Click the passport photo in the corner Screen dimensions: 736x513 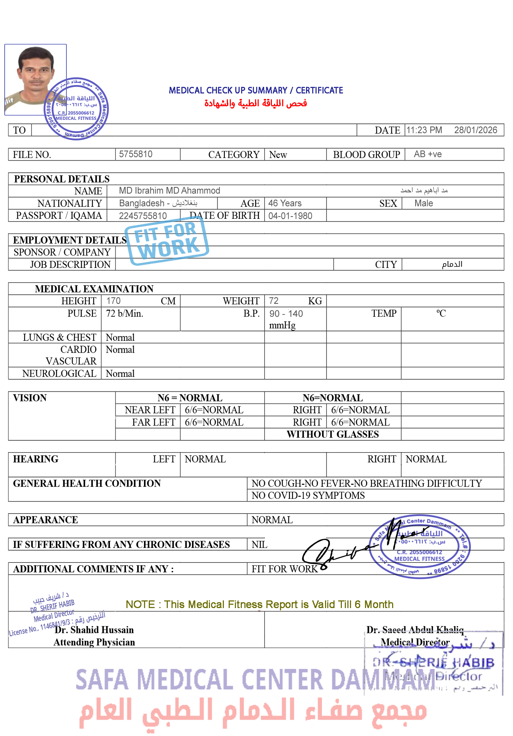[x=35, y=80]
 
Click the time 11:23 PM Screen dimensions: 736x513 [x=424, y=130]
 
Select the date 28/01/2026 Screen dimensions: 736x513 [x=475, y=130]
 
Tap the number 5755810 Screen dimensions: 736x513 [x=136, y=154]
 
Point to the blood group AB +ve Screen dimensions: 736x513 [x=428, y=154]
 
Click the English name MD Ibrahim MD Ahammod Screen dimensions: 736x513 [x=169, y=191]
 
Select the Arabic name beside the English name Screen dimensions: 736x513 [x=424, y=190]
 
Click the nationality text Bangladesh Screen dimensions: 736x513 [x=142, y=203]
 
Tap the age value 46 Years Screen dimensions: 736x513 [x=285, y=203]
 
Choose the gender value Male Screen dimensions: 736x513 [x=424, y=203]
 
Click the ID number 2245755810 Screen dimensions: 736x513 [x=143, y=216]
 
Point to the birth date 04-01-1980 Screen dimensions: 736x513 [x=290, y=216]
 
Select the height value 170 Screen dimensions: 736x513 [x=113, y=301]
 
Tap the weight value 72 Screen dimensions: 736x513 [x=273, y=301]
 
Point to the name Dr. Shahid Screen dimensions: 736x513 [x=77, y=630]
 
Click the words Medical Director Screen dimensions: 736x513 [x=415, y=642]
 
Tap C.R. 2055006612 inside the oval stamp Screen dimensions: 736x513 [x=420, y=552]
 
